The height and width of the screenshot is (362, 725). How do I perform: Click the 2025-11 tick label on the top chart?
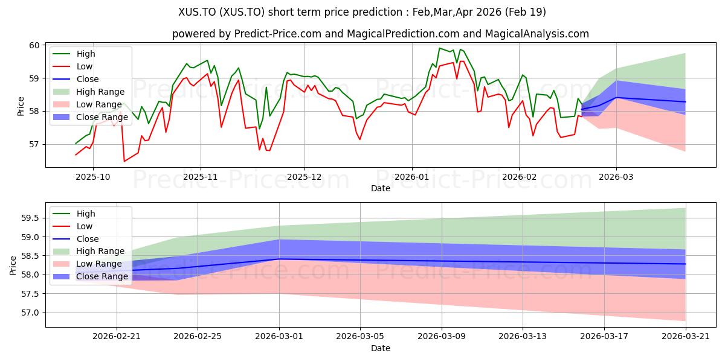point(201,177)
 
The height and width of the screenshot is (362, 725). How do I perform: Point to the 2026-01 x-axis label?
point(411,177)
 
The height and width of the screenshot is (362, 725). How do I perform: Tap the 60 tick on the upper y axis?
point(34,45)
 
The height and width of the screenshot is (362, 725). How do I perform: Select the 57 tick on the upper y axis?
point(34,144)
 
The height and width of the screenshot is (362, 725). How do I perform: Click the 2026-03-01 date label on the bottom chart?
point(279,337)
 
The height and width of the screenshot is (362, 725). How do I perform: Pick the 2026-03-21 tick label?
point(686,337)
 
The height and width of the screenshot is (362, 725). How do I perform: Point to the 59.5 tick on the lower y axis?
point(30,218)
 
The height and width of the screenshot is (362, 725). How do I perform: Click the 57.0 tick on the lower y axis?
point(30,313)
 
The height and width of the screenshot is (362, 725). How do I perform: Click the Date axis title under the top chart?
point(381,188)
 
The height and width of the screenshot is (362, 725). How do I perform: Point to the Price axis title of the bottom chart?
point(13,265)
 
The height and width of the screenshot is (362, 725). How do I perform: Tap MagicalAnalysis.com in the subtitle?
point(536,34)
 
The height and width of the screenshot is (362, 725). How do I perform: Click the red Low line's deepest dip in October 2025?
point(124,161)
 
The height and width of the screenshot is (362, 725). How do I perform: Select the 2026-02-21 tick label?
point(117,337)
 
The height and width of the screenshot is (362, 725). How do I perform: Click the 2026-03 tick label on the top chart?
point(616,177)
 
